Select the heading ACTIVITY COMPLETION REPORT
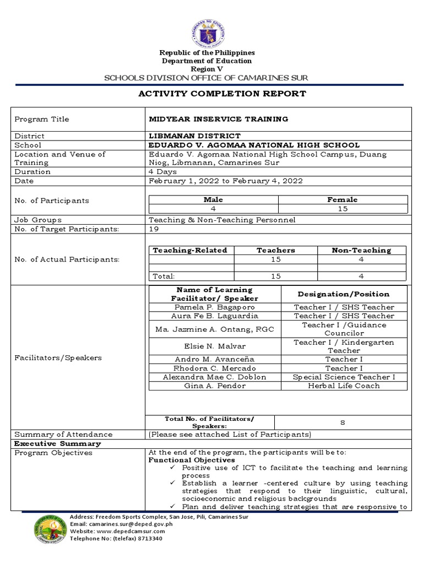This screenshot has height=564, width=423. point(222,94)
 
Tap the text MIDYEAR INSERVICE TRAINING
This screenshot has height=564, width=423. point(219,119)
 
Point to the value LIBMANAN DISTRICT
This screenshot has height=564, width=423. point(195,135)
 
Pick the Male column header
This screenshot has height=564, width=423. point(213,200)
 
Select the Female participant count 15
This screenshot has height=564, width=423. point(343,209)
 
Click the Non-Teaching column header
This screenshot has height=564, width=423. point(361,250)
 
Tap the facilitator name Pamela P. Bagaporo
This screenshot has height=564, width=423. point(214,307)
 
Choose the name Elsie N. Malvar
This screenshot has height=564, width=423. point(214,346)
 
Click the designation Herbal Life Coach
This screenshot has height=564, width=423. point(344,386)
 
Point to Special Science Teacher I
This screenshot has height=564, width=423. point(344,377)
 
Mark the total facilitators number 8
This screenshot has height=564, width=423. point(342,422)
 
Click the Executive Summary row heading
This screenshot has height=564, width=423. point(57,443)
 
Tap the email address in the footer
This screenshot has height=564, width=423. point(122,524)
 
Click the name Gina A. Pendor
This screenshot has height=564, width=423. point(214,386)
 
